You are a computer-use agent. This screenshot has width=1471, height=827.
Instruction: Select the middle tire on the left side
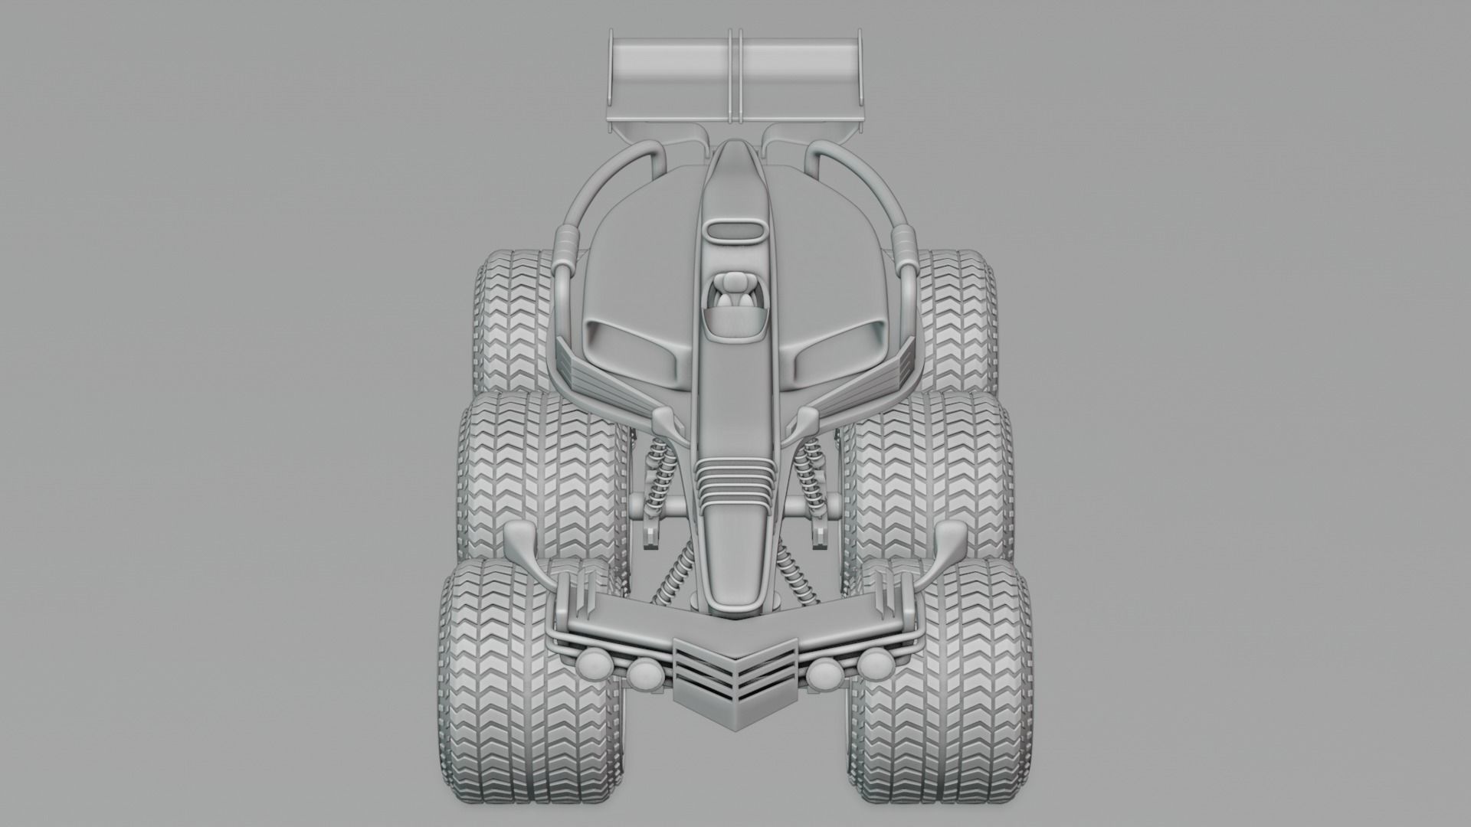click(x=536, y=475)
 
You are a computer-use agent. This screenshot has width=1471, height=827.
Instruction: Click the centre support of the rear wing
click(x=736, y=77)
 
